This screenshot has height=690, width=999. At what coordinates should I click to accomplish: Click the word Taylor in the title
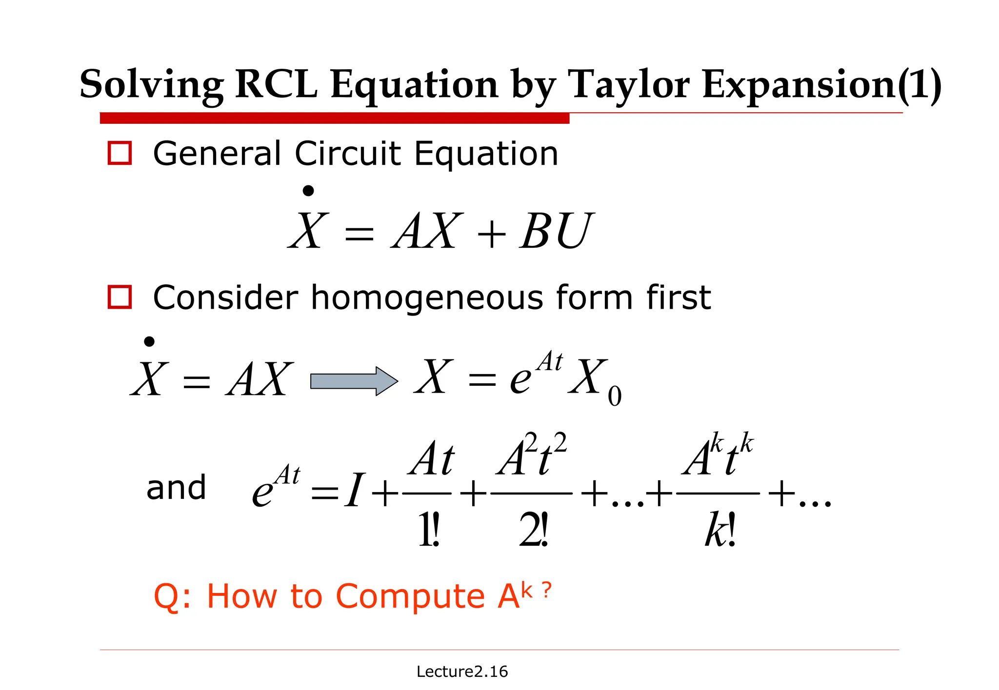pyautogui.click(x=630, y=85)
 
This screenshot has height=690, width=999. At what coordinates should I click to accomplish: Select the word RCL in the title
pyautogui.click(x=276, y=85)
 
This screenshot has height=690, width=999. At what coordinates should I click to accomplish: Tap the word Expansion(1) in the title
pyautogui.click(x=821, y=85)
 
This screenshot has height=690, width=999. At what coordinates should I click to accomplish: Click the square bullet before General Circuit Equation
pyautogui.click(x=120, y=153)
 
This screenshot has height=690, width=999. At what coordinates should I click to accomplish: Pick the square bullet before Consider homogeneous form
pyautogui.click(x=120, y=297)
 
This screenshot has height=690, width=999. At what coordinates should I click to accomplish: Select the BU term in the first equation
pyautogui.click(x=556, y=231)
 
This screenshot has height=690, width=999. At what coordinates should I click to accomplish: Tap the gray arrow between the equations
pyautogui.click(x=354, y=381)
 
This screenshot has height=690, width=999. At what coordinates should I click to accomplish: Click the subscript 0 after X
pyautogui.click(x=615, y=396)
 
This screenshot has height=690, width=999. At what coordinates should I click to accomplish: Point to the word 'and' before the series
pyautogui.click(x=176, y=487)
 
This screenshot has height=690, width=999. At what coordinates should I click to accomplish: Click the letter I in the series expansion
pyautogui.click(x=354, y=490)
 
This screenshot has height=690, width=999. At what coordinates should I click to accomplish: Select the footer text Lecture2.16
pyautogui.click(x=462, y=671)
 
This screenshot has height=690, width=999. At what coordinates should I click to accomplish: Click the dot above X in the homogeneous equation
pyautogui.click(x=149, y=341)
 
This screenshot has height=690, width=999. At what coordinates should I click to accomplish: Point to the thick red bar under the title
pyautogui.click(x=335, y=118)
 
